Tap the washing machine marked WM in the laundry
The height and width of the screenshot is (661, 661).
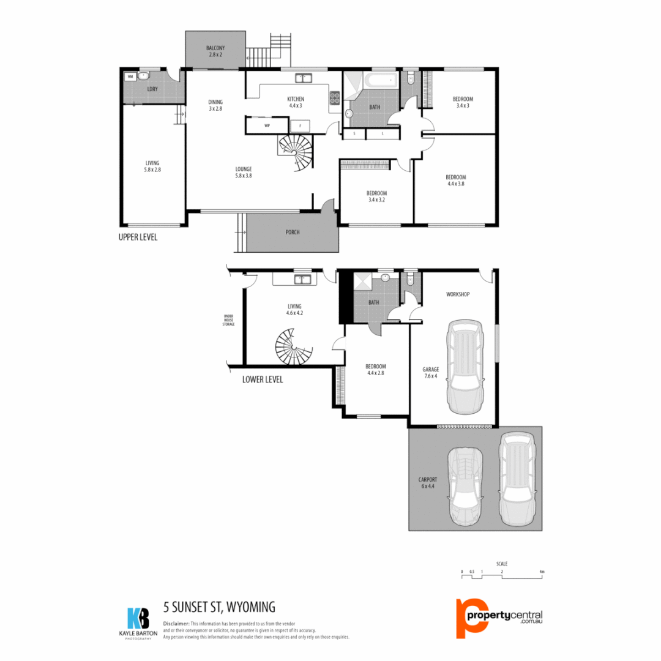pos(130,77)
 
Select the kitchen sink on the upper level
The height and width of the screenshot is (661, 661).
pos(303,78)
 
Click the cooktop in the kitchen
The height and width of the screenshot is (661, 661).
pos(335,97)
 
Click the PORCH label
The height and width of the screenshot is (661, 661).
pos(293,233)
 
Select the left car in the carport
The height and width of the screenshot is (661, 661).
pos(465,487)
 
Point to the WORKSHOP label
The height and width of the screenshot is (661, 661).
pos(458,294)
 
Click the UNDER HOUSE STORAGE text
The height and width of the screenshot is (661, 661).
pos(228,320)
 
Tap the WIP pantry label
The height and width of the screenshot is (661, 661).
pos(267,125)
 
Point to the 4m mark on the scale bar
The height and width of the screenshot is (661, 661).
pos(542,573)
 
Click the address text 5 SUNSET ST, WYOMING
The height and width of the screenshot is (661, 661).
pos(219,607)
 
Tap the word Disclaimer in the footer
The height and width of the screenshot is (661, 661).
pos(176,622)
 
